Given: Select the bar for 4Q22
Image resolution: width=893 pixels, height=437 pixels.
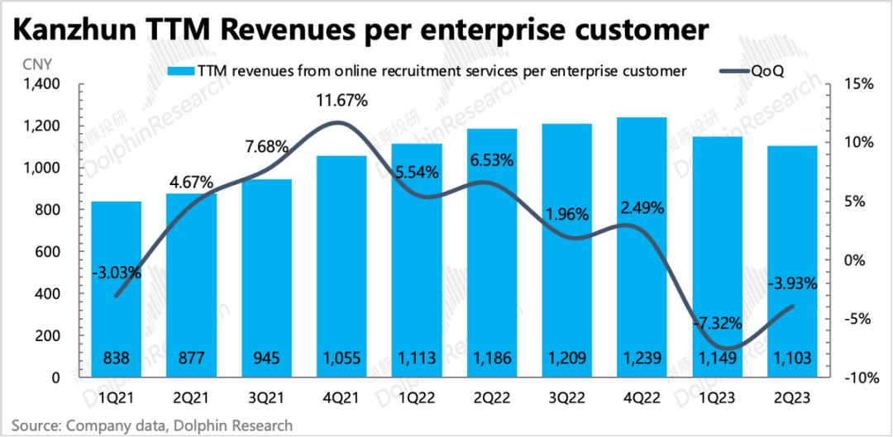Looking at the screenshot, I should (642, 247).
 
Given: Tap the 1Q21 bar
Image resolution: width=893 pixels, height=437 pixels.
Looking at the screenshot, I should (116, 289).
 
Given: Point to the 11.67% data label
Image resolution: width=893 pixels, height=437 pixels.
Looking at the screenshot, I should (341, 102).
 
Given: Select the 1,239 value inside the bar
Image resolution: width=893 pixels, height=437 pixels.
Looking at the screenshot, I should (642, 358).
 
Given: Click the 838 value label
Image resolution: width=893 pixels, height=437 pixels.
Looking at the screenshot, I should (116, 358).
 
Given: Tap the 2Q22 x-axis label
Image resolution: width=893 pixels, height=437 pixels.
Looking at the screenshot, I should (491, 397).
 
